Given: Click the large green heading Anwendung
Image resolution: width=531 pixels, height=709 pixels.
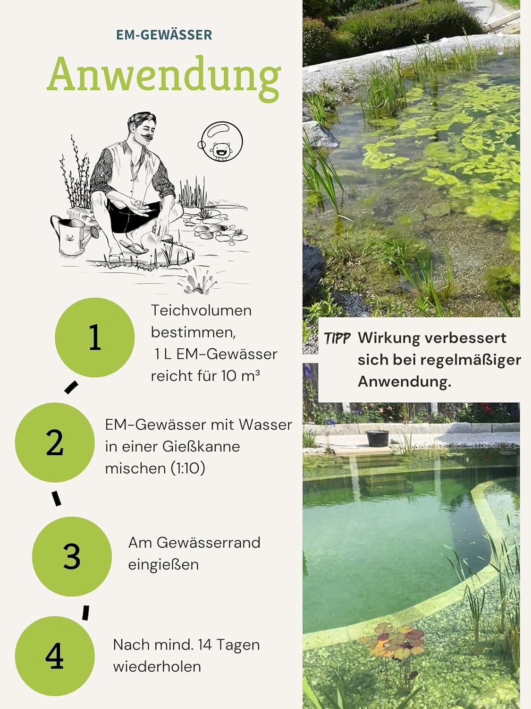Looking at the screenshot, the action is tap(164, 78).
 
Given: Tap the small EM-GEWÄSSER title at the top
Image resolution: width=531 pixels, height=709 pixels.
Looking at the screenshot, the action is tap(164, 35).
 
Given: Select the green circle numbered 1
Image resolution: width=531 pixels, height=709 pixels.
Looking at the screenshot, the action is tap(95, 337).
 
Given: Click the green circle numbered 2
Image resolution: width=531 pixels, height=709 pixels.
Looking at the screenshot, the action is tap(55, 442).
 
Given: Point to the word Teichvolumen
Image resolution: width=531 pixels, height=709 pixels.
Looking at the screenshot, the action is tap(201, 311).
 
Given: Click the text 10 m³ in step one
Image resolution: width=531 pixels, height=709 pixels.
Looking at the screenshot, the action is tap(241, 376).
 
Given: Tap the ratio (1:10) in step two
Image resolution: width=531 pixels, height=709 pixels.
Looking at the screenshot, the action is tap(187, 468).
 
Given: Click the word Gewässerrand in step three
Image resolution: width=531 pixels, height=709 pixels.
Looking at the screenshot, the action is tap(208, 543).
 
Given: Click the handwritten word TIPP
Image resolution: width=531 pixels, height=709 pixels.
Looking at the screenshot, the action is tap(337, 338).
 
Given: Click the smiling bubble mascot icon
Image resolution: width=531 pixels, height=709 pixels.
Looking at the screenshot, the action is tap(220, 141).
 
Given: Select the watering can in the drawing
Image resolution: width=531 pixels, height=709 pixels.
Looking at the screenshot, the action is tap(73, 235).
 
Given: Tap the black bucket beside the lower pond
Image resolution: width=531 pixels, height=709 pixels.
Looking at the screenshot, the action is tap(377, 438).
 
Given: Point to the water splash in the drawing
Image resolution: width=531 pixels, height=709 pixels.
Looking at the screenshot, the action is tap(197, 281).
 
